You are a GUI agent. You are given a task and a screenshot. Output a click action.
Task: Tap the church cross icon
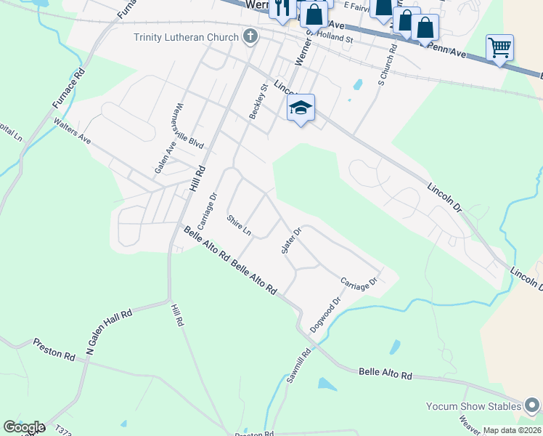coord(250,36)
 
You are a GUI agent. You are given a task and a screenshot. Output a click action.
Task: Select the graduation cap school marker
coord(301,108)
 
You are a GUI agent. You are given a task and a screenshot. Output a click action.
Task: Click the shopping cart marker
coord(499,48)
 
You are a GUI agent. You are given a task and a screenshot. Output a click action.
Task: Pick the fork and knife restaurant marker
coord(281,7)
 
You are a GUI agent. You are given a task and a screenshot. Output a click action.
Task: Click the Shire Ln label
coord(238,226)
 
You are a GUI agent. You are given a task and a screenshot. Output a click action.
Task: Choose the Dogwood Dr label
coord(324,315)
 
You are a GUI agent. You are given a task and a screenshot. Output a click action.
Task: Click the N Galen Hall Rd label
coord(109,334)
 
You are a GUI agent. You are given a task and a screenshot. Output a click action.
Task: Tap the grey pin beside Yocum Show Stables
coord(533,405)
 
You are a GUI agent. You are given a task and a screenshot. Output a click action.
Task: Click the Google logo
coord(23,427)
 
